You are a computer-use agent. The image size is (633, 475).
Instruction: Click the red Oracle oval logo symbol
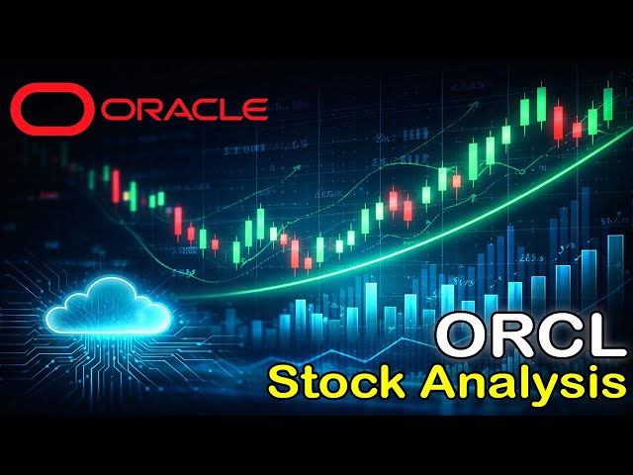pyautogui.click(x=48, y=107)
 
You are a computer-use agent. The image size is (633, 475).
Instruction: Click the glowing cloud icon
pyautogui.click(x=109, y=305)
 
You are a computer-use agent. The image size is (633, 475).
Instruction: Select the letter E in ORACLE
pyautogui.click(x=254, y=108)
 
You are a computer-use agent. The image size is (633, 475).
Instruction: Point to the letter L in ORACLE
pyautogui.click(x=231, y=108)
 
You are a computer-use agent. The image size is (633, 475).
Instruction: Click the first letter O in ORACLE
pyautogui.click(x=111, y=108)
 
